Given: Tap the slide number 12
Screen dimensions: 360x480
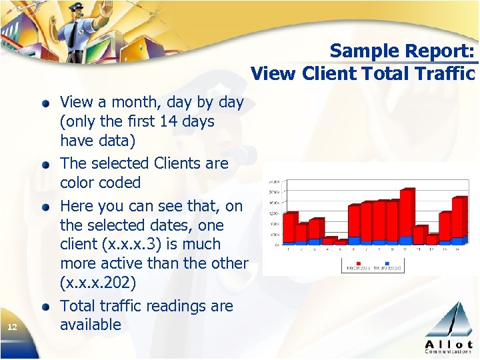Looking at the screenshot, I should (x=11, y=327).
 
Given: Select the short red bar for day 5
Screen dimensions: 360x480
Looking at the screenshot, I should (x=342, y=242).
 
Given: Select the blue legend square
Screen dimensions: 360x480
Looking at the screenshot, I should (x=385, y=266).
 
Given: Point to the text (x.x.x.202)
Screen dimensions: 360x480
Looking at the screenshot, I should (x=98, y=283).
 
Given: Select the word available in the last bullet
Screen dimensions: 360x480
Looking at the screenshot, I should (x=91, y=325).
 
